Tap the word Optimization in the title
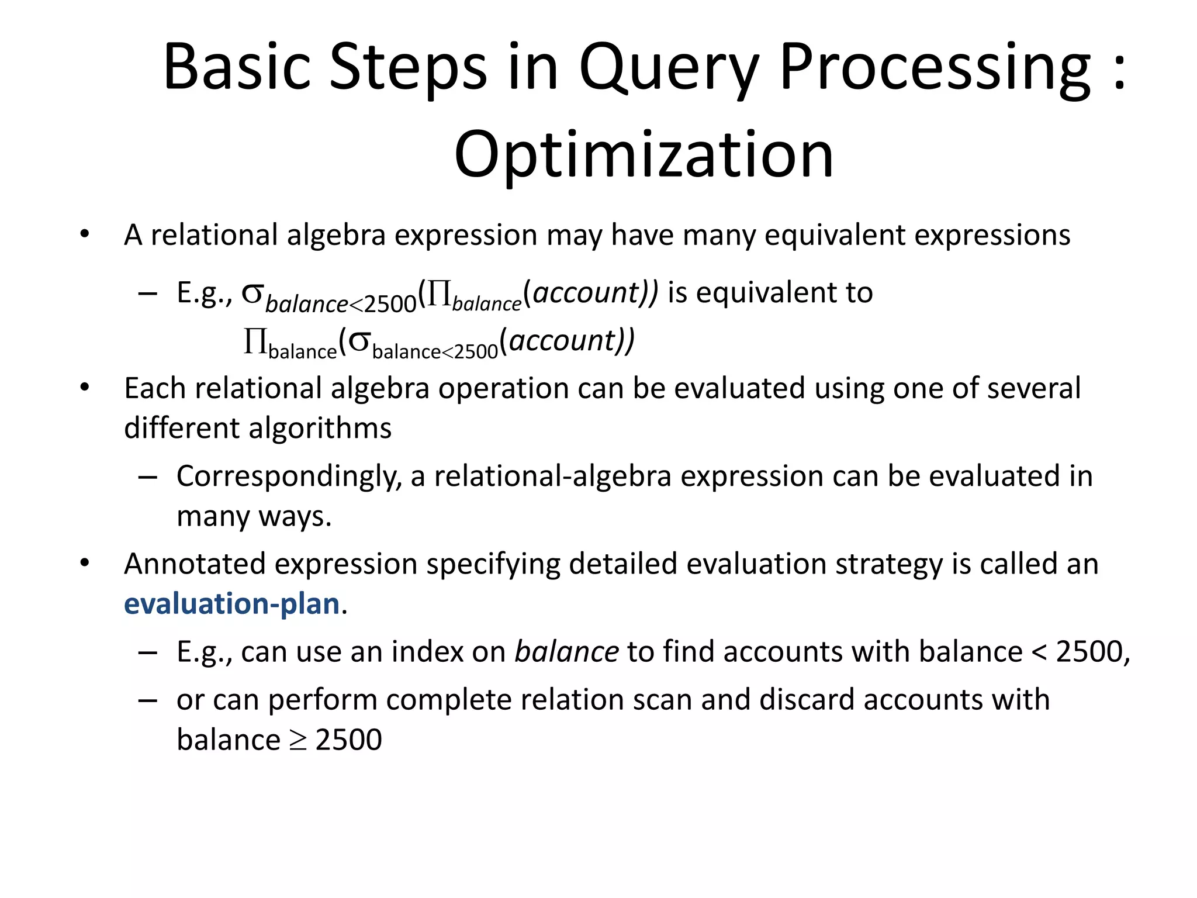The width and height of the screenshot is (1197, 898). click(x=644, y=155)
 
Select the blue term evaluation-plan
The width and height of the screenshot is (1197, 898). click(x=232, y=604)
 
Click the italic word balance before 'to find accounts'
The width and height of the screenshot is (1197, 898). click(x=566, y=651)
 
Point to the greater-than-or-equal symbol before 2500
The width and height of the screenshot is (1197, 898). click(x=298, y=740)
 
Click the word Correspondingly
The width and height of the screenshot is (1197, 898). click(x=289, y=476)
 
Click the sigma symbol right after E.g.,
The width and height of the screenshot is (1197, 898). click(x=252, y=293)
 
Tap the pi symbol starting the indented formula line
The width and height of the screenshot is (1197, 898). click(x=255, y=341)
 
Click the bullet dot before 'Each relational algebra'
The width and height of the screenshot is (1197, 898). click(x=85, y=388)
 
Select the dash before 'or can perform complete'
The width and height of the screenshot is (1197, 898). click(x=148, y=700)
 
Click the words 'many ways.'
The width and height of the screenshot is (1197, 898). click(x=254, y=516)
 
